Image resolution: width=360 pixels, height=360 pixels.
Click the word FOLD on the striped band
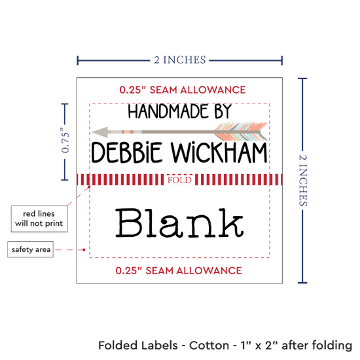(179, 180)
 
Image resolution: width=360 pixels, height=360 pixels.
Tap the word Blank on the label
(179, 223)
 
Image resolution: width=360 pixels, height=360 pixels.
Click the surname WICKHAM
(219, 153)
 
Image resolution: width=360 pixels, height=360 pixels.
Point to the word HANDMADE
(168, 111)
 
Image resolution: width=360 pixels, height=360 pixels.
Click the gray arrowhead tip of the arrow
(92, 132)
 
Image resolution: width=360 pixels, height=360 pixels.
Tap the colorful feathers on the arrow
(241, 132)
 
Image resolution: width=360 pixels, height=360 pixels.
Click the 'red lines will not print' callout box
(39, 219)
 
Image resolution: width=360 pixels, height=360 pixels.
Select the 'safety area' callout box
(31, 249)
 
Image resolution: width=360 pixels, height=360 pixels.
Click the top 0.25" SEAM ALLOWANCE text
(183, 90)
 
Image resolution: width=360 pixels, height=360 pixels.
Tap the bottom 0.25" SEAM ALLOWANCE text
(179, 270)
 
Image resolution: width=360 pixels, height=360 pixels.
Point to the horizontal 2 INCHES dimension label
(180, 60)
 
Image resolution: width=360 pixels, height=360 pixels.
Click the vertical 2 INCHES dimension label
(303, 180)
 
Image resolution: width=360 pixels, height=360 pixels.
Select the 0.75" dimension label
(65, 140)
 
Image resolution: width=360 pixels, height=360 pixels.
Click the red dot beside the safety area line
(84, 249)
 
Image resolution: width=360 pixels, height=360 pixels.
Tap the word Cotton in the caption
(209, 346)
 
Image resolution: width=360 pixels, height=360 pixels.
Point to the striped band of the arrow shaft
(125, 132)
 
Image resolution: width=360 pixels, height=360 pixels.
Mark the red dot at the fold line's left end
(89, 187)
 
